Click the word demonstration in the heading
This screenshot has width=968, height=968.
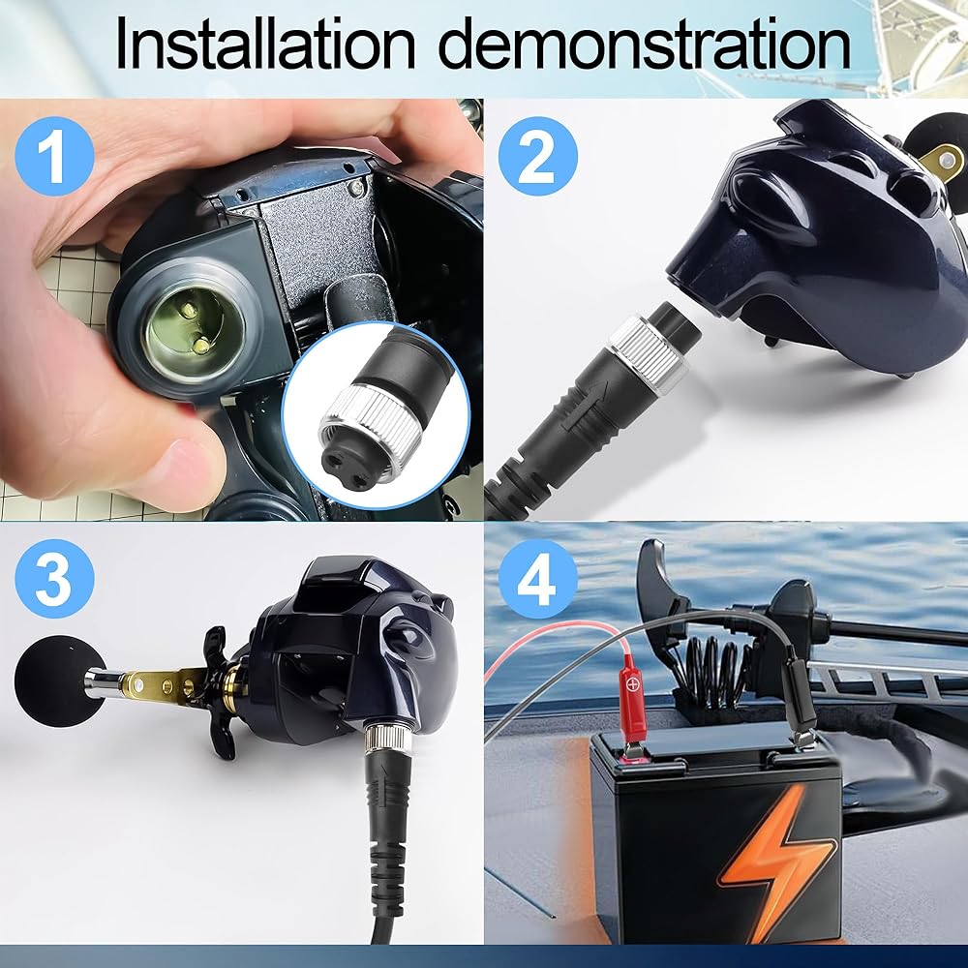644,45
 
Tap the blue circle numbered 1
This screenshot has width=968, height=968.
54,156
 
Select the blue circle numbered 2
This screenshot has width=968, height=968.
537,156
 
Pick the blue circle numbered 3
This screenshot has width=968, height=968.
54,579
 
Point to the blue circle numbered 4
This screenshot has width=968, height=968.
537,579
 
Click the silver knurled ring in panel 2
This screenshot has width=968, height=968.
649,353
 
